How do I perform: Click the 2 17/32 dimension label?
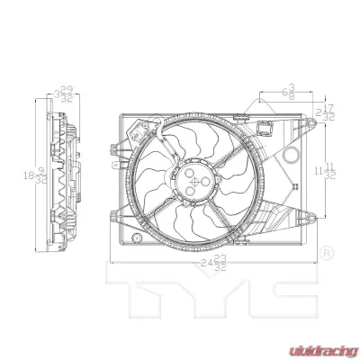click(x=328, y=114)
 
